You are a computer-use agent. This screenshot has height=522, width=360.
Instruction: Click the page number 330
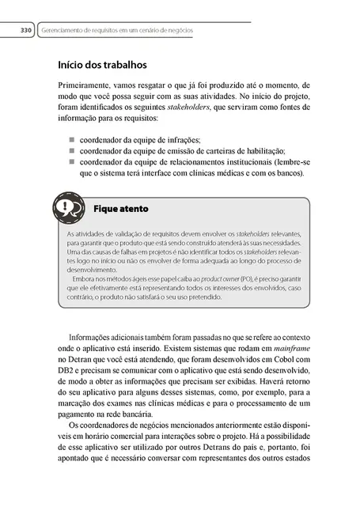[24, 31]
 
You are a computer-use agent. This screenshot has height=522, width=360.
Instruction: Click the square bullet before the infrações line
[62, 139]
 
